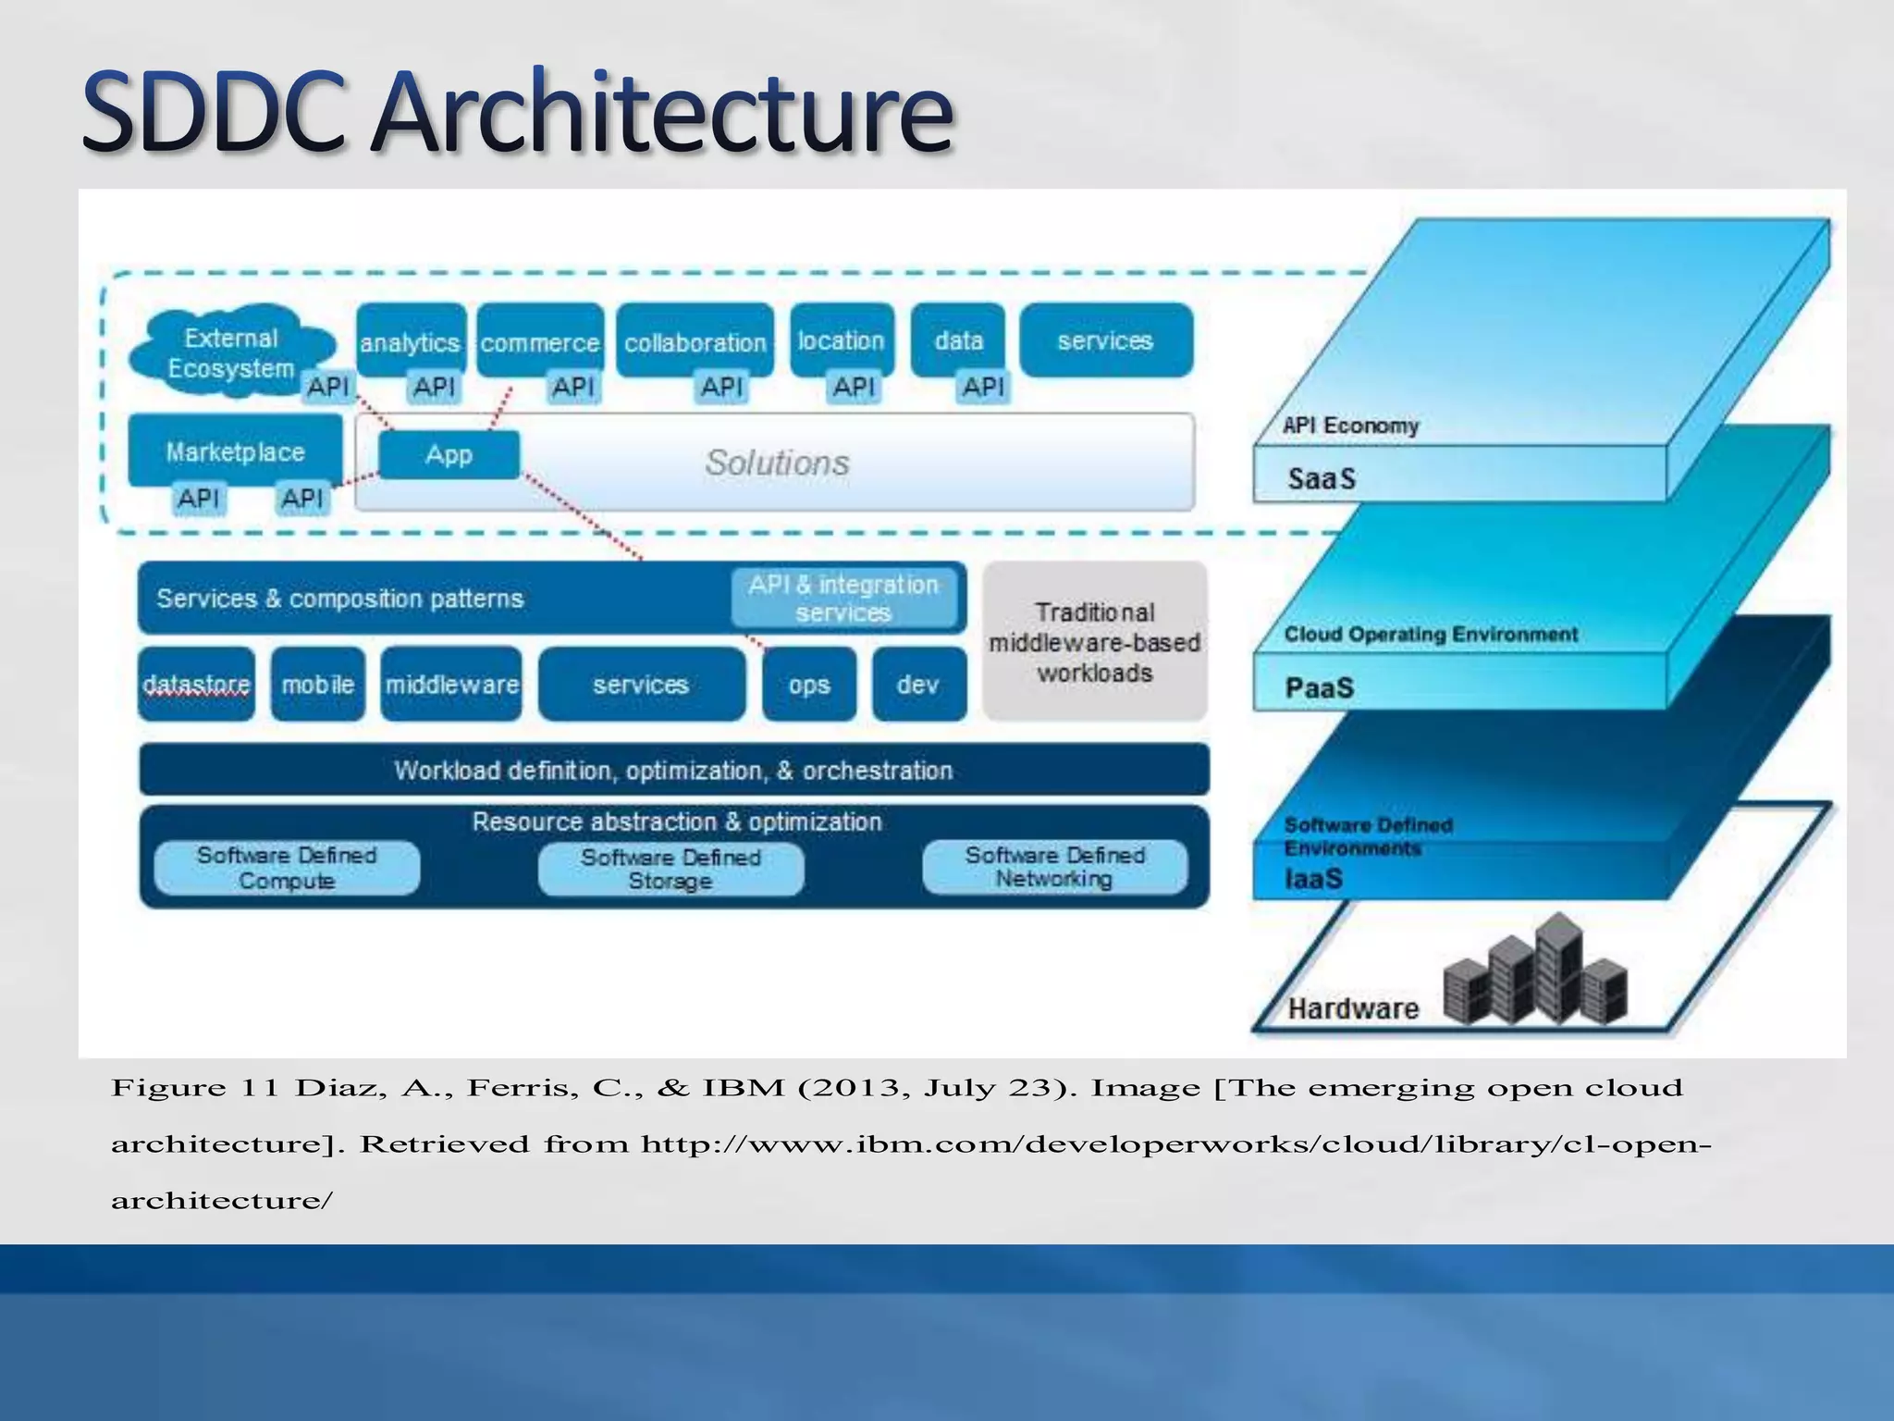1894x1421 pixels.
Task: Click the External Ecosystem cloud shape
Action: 231,352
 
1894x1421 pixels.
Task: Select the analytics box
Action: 411,340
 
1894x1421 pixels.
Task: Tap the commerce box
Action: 540,340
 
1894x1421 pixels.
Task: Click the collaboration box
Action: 695,340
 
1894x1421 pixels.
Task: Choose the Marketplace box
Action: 235,451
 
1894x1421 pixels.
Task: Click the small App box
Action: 449,454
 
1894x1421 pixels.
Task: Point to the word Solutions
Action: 777,462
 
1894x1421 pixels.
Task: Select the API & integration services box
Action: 843,598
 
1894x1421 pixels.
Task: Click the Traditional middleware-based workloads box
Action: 1094,641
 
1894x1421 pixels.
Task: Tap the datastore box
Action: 196,684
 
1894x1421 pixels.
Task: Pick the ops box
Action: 809,684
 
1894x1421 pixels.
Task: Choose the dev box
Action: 918,684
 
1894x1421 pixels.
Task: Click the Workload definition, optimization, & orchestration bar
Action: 673,770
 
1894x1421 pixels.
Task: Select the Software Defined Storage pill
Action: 670,869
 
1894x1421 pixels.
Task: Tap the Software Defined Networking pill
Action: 1054,867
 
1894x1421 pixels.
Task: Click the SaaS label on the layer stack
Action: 1322,478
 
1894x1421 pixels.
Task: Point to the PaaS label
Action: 1320,687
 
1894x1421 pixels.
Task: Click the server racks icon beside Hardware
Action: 1535,971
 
